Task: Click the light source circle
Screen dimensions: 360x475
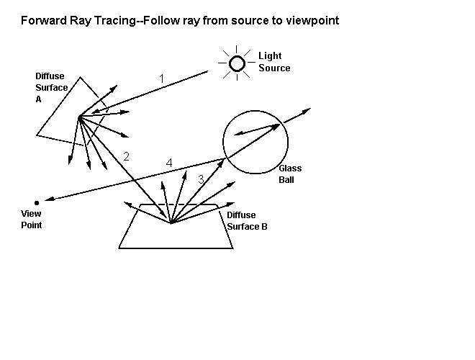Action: [237, 64]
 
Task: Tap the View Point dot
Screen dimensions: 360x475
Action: [36, 203]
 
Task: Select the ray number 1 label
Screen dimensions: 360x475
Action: [162, 78]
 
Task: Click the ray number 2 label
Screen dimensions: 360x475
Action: [127, 156]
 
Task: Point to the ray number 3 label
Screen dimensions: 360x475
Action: [202, 178]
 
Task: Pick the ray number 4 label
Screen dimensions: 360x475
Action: [169, 163]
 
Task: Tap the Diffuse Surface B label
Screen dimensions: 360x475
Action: [247, 220]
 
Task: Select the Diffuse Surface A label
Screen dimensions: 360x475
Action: [51, 88]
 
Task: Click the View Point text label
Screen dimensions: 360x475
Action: [31, 220]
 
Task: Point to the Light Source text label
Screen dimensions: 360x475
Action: [274, 62]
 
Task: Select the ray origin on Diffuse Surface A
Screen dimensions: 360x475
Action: [78, 116]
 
